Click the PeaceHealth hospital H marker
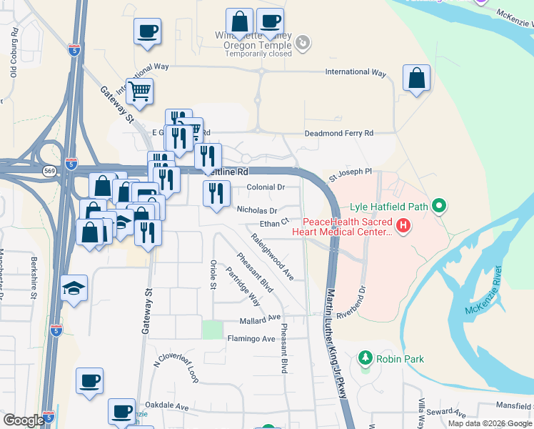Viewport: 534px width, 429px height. pyautogui.click(x=403, y=226)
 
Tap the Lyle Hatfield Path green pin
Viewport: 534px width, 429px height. pyautogui.click(x=440, y=207)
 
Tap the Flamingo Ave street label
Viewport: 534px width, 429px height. pyautogui.click(x=251, y=338)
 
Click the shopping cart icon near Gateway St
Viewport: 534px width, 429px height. pyautogui.click(x=140, y=91)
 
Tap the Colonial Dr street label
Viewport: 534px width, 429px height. pyautogui.click(x=266, y=187)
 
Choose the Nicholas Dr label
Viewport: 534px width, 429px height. pyautogui.click(x=257, y=210)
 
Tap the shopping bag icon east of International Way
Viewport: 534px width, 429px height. pyautogui.click(x=416, y=78)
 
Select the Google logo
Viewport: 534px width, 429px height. pyautogui.click(x=24, y=420)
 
